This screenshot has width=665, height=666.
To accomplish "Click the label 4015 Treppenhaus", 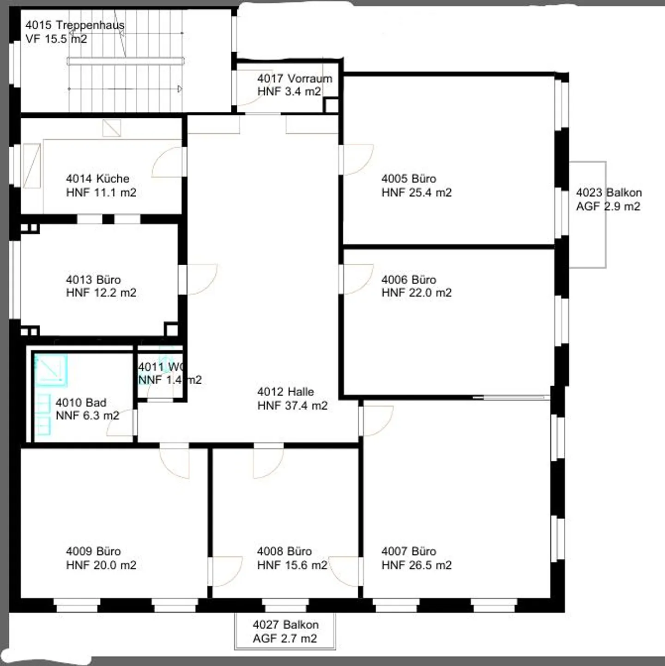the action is click(75, 25).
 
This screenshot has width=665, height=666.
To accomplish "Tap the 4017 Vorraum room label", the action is click(295, 79).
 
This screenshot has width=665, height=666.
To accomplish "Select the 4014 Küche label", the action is click(97, 179).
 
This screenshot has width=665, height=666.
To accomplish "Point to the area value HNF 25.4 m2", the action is click(417, 193).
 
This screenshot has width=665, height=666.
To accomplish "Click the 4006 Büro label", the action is click(409, 279).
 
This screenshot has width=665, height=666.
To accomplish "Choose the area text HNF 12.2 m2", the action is click(101, 293).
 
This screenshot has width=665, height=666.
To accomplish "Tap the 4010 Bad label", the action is click(81, 403).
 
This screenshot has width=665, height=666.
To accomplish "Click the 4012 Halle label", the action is click(285, 392).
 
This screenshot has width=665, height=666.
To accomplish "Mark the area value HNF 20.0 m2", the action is click(101, 565).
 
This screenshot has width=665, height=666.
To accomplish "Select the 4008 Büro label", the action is click(284, 551).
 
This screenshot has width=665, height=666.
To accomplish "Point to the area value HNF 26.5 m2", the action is click(417, 565).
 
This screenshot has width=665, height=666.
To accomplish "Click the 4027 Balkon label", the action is click(285, 624).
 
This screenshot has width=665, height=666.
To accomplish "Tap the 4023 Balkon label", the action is click(609, 193).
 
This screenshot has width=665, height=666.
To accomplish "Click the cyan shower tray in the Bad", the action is click(51, 370).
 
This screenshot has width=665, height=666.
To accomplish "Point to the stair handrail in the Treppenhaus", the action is click(126, 61).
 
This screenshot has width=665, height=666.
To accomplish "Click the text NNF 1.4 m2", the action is click(169, 380).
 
